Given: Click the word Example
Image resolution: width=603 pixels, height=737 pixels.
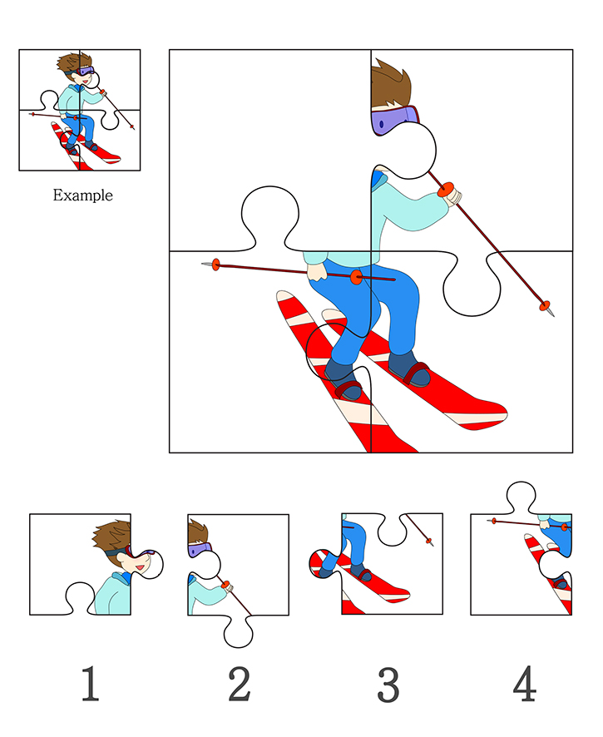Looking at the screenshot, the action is [82, 195].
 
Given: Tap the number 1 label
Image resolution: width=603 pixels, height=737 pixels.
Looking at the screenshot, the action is [90, 684].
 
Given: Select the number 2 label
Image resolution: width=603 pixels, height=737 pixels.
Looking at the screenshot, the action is [240, 684].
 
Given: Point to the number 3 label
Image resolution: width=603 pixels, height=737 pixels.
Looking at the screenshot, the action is [388, 685].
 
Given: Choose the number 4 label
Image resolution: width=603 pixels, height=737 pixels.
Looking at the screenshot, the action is [525, 684].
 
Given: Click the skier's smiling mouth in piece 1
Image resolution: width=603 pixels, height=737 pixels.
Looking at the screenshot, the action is [140, 567].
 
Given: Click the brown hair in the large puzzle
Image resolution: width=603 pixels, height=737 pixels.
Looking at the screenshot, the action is [389, 84].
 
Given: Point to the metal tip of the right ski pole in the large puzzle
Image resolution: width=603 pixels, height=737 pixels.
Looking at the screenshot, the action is [551, 313].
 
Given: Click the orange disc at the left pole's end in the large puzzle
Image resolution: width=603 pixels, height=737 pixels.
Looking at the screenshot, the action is [215, 265].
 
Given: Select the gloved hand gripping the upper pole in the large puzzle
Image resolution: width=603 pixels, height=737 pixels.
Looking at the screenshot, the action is [453, 196].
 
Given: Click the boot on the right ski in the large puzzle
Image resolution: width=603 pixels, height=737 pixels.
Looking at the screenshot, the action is [410, 369].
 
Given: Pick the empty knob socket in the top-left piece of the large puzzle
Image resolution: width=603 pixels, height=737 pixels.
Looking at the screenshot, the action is [269, 217].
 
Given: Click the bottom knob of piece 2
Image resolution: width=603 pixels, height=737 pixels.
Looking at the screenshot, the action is [238, 631].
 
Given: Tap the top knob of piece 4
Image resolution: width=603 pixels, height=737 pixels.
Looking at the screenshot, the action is [521, 497].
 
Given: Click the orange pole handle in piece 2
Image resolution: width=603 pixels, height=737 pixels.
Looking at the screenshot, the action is [226, 585].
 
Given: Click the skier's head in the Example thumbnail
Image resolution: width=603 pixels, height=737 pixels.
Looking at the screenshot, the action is [77, 71].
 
